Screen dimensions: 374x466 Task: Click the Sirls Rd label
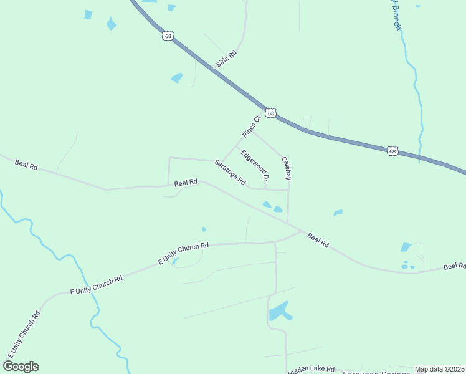click(x=227, y=59)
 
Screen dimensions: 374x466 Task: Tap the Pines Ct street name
click(x=250, y=126)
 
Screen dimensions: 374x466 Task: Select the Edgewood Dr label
click(x=255, y=165)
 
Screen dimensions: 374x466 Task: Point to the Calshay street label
click(x=287, y=168)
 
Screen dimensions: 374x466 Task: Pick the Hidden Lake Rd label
click(x=311, y=370)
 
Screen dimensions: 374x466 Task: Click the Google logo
click(x=21, y=367)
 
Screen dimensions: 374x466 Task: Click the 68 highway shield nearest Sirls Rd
click(x=167, y=36)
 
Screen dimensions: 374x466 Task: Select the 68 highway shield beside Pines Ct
click(x=270, y=113)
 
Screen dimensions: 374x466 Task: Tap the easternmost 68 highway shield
click(x=391, y=151)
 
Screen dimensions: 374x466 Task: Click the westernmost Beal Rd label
click(x=26, y=165)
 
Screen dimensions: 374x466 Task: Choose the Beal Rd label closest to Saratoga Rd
click(x=186, y=183)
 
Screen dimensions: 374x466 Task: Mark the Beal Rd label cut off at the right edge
click(x=454, y=267)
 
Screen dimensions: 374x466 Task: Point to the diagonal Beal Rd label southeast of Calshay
click(x=318, y=239)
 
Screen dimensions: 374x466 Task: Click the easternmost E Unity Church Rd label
click(x=183, y=253)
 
